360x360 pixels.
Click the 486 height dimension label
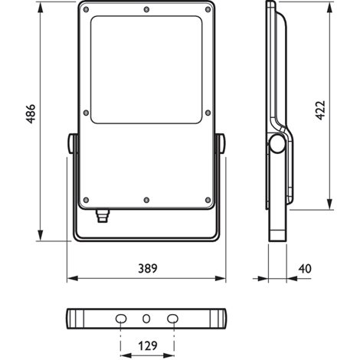(31, 113)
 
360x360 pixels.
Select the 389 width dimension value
(148, 269)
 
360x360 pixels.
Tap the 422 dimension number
(320, 110)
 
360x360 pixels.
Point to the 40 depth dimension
(305, 269)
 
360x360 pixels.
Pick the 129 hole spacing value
(148, 346)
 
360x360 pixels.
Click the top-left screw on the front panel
(87, 9)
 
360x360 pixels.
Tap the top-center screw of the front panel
(146, 9)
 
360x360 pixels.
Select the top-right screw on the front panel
(208, 9)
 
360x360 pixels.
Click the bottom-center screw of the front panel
(146, 200)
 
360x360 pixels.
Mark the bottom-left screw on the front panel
(87, 200)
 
